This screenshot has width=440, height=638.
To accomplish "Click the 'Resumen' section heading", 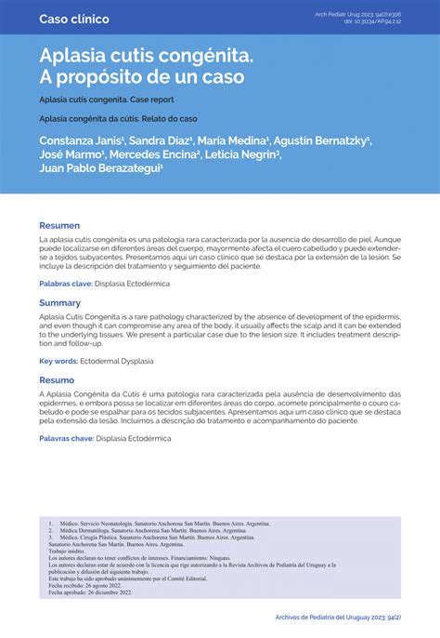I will coord(59,226).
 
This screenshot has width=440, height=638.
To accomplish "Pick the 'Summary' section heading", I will coord(59,303).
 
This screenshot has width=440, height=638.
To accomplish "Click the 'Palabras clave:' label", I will coord(65,283).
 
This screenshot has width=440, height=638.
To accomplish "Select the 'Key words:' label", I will coord(58,360).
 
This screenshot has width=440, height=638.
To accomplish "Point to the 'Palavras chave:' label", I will coord(66,437).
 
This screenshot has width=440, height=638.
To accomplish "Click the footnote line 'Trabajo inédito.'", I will coord(71,551).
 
